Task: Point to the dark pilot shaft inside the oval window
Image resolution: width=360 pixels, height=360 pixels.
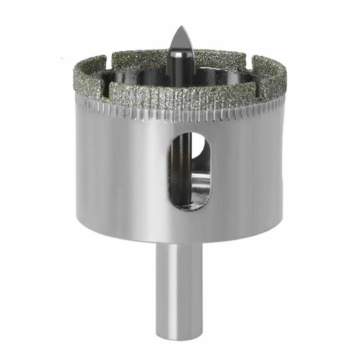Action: [x=182, y=171]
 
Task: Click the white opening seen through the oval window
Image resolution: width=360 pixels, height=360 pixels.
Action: [x=200, y=151]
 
